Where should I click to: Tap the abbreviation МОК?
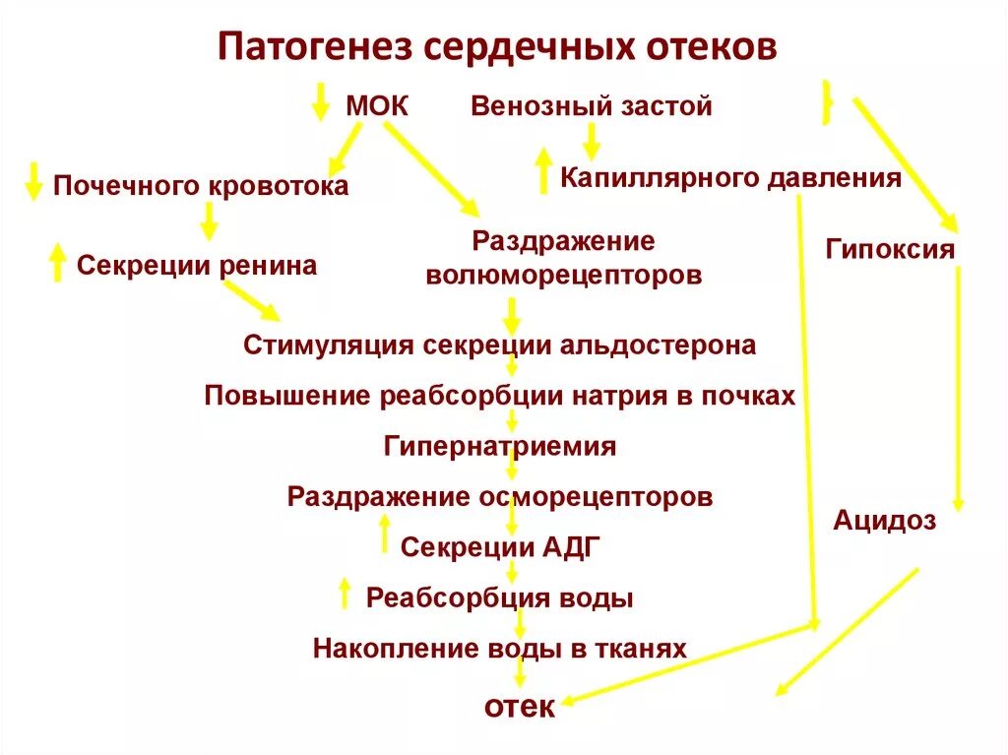(x=377, y=106)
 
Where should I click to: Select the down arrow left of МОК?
(x=320, y=101)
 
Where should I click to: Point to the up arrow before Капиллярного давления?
(x=542, y=170)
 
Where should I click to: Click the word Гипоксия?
(x=890, y=248)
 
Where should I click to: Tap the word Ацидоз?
(x=885, y=521)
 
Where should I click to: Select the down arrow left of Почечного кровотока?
(x=33, y=181)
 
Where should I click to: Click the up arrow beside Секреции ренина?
(x=58, y=263)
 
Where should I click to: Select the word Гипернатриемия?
(x=500, y=446)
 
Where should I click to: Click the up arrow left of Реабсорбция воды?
(x=345, y=593)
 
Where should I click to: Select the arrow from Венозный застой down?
(x=591, y=141)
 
